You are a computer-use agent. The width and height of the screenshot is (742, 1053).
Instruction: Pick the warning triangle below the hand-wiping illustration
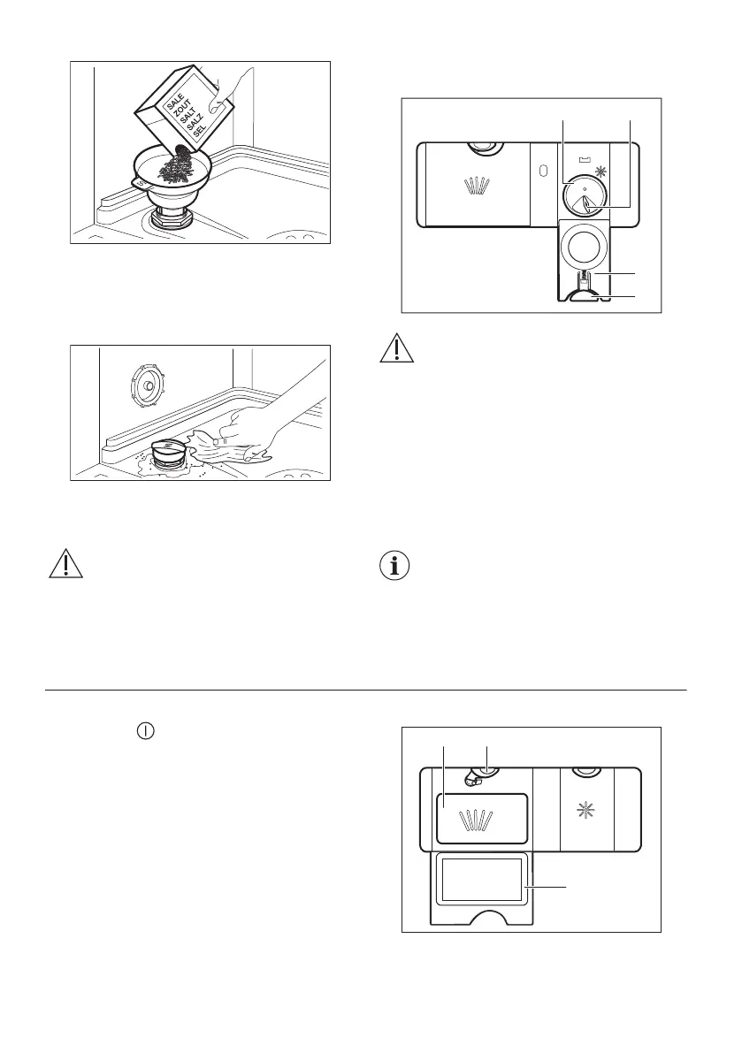65,563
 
